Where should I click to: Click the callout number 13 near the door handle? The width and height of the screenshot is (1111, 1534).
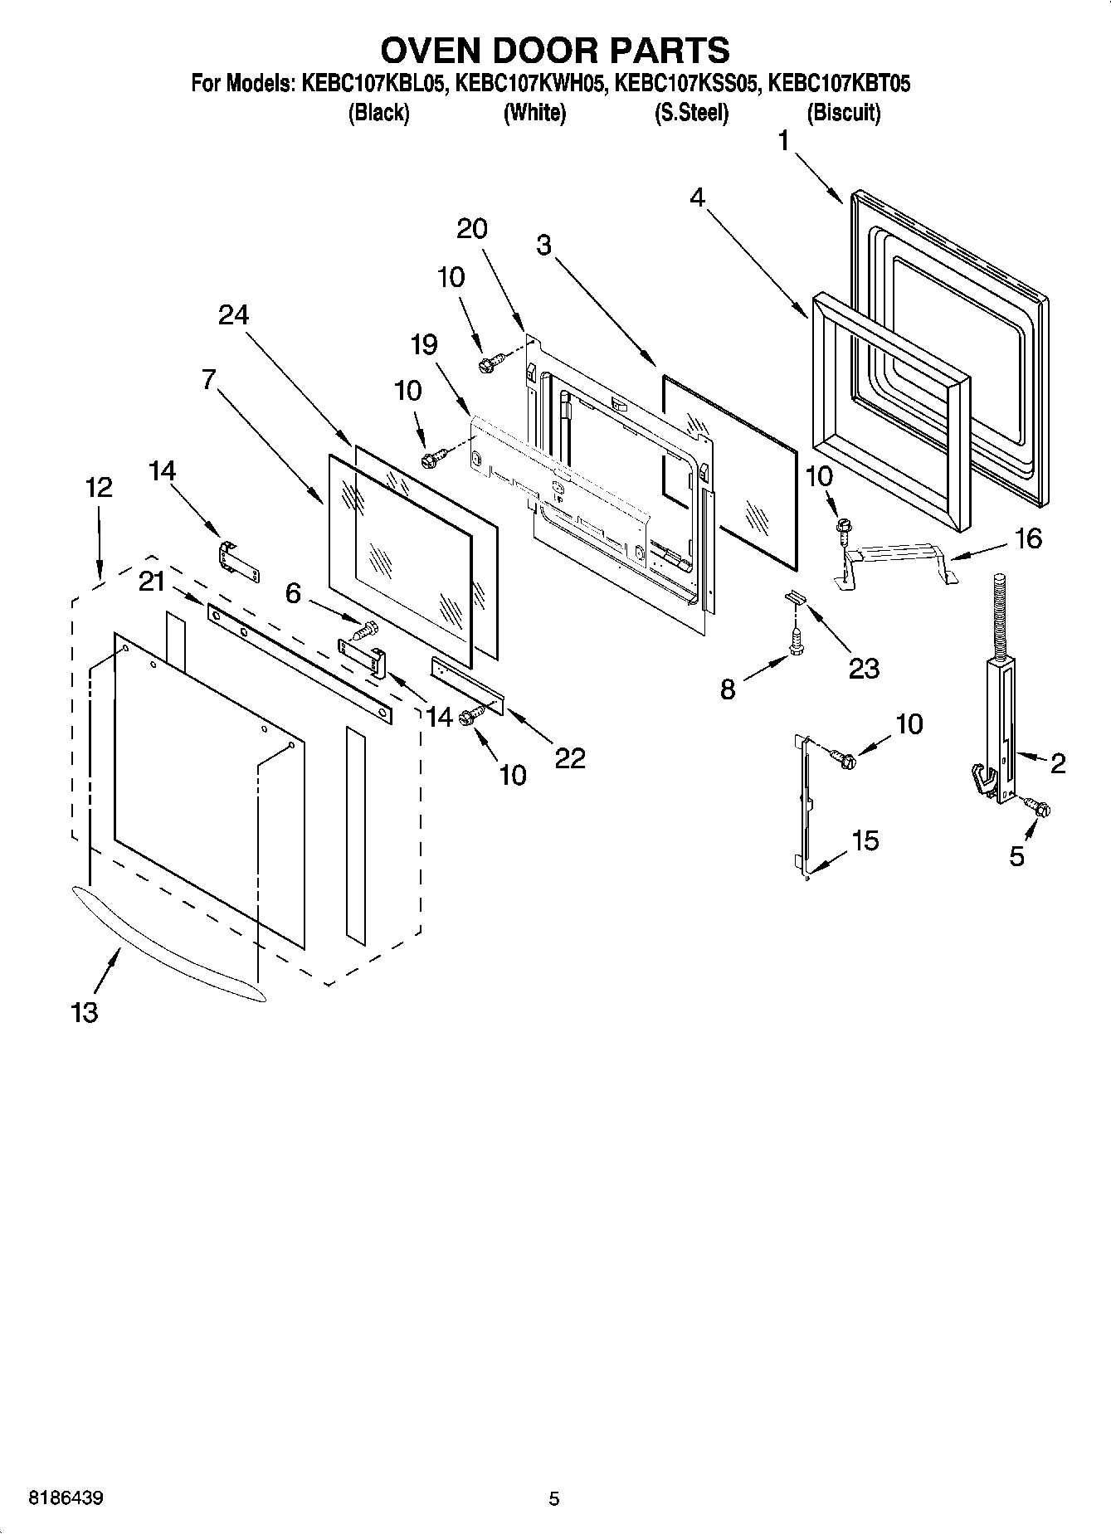[85, 1012]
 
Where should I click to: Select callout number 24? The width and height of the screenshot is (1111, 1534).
[234, 314]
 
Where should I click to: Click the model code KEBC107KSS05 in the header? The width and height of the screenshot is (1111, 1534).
[685, 84]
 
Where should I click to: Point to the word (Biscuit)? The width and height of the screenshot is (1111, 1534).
[843, 113]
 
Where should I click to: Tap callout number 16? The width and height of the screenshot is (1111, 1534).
[1028, 538]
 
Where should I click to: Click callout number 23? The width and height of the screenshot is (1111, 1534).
[863, 667]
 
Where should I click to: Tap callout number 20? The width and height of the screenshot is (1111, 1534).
[472, 228]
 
